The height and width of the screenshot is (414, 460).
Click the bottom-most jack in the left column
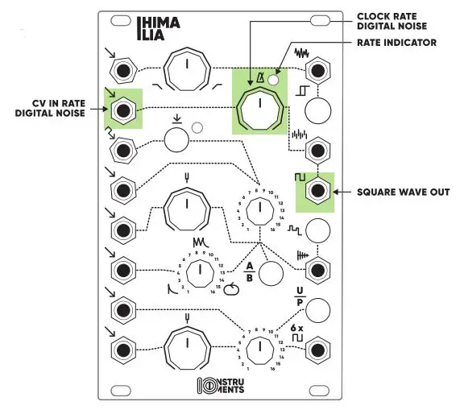[x=122, y=350]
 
